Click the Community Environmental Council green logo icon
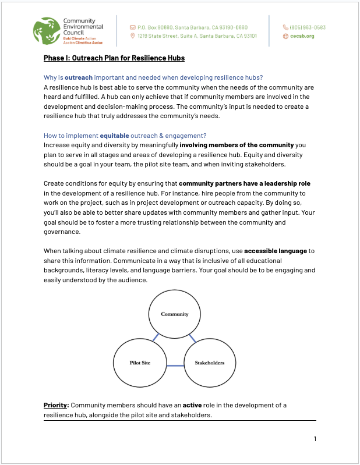click(47, 31)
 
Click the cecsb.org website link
click(302, 36)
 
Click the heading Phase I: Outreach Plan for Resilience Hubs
click(114, 58)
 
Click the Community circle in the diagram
click(175, 314)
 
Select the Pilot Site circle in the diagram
click(140, 363)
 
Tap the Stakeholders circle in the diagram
click(210, 363)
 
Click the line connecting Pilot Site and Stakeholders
click(175, 365)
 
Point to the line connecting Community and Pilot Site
click(155, 338)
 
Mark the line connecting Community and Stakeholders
click(195, 338)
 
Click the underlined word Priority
click(56, 405)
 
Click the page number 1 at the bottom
click(315, 438)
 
